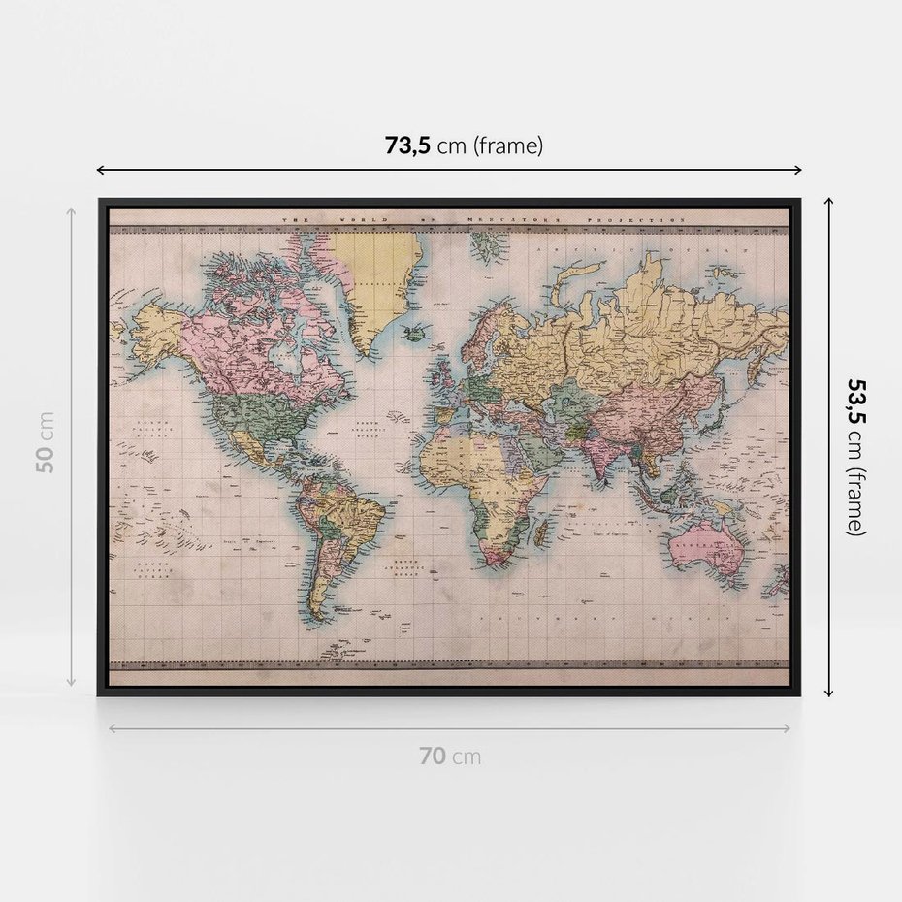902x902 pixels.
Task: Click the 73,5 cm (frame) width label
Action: (464, 146)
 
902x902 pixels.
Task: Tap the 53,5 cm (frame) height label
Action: (855, 456)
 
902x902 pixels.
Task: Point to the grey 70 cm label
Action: (449, 757)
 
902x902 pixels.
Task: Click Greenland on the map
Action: (380, 281)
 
